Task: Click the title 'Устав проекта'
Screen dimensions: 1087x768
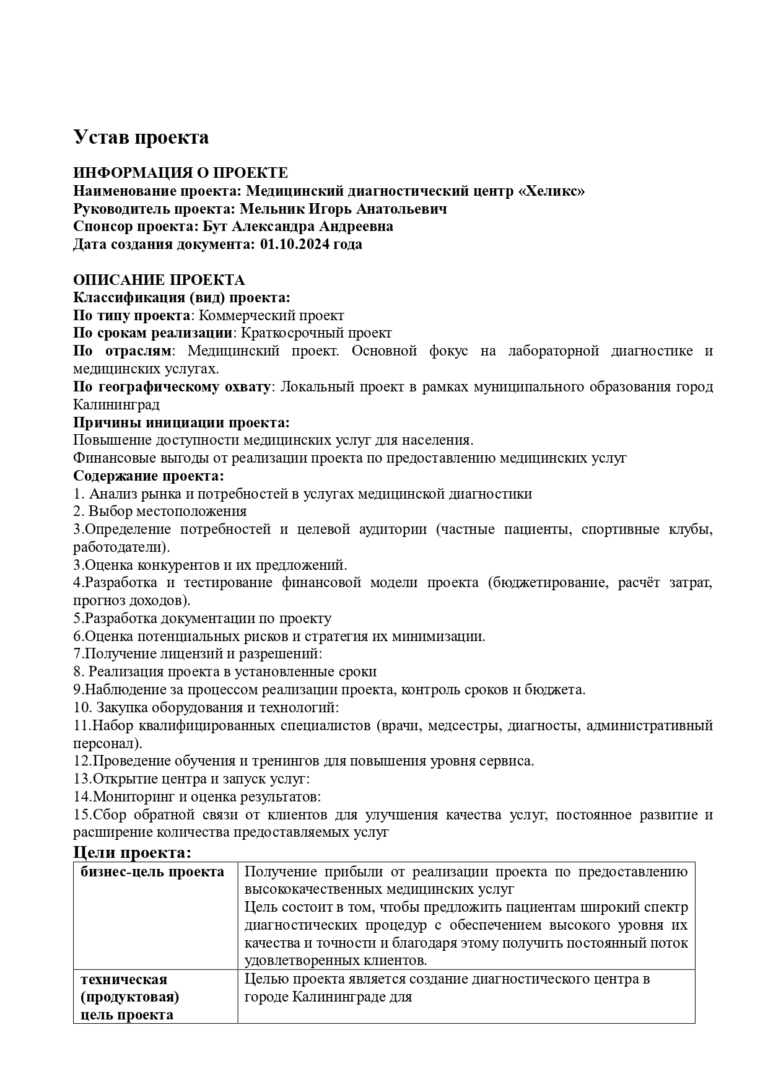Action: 141,137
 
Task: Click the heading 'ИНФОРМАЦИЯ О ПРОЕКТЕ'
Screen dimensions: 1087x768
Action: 180,173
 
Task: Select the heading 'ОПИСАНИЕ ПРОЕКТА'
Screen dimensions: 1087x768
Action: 159,280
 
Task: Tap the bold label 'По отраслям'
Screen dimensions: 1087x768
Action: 121,351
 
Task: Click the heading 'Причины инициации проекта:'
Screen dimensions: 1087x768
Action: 181,422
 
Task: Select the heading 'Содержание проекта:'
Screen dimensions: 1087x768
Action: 149,476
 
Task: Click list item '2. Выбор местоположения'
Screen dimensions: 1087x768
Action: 160,512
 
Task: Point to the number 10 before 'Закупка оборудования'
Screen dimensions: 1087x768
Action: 81,707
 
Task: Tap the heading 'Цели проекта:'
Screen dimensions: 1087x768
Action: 132,852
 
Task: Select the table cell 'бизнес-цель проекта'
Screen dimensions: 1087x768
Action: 152,872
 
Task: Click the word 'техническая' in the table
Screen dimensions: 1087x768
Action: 124,979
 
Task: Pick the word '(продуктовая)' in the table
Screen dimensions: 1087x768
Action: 129,997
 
